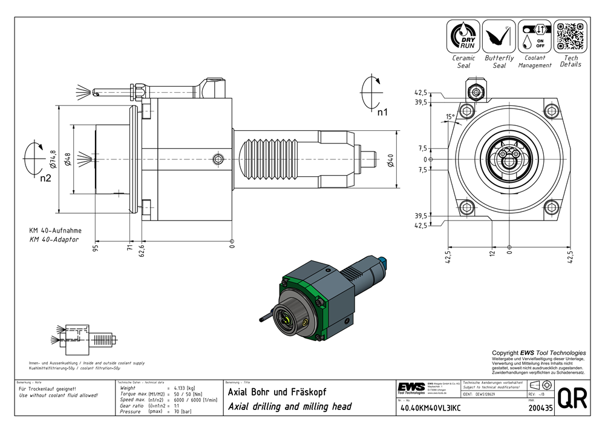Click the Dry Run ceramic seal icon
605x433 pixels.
tap(463, 36)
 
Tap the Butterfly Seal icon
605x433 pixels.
tap(499, 36)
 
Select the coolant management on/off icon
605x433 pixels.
tap(534, 36)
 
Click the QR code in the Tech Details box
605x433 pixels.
tap(570, 36)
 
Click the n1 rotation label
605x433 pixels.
tap(382, 112)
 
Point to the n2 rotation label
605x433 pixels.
tap(46, 179)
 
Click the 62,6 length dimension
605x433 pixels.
tap(142, 251)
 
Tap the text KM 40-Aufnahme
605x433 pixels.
tap(55, 231)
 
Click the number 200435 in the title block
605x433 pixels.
tap(540, 408)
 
